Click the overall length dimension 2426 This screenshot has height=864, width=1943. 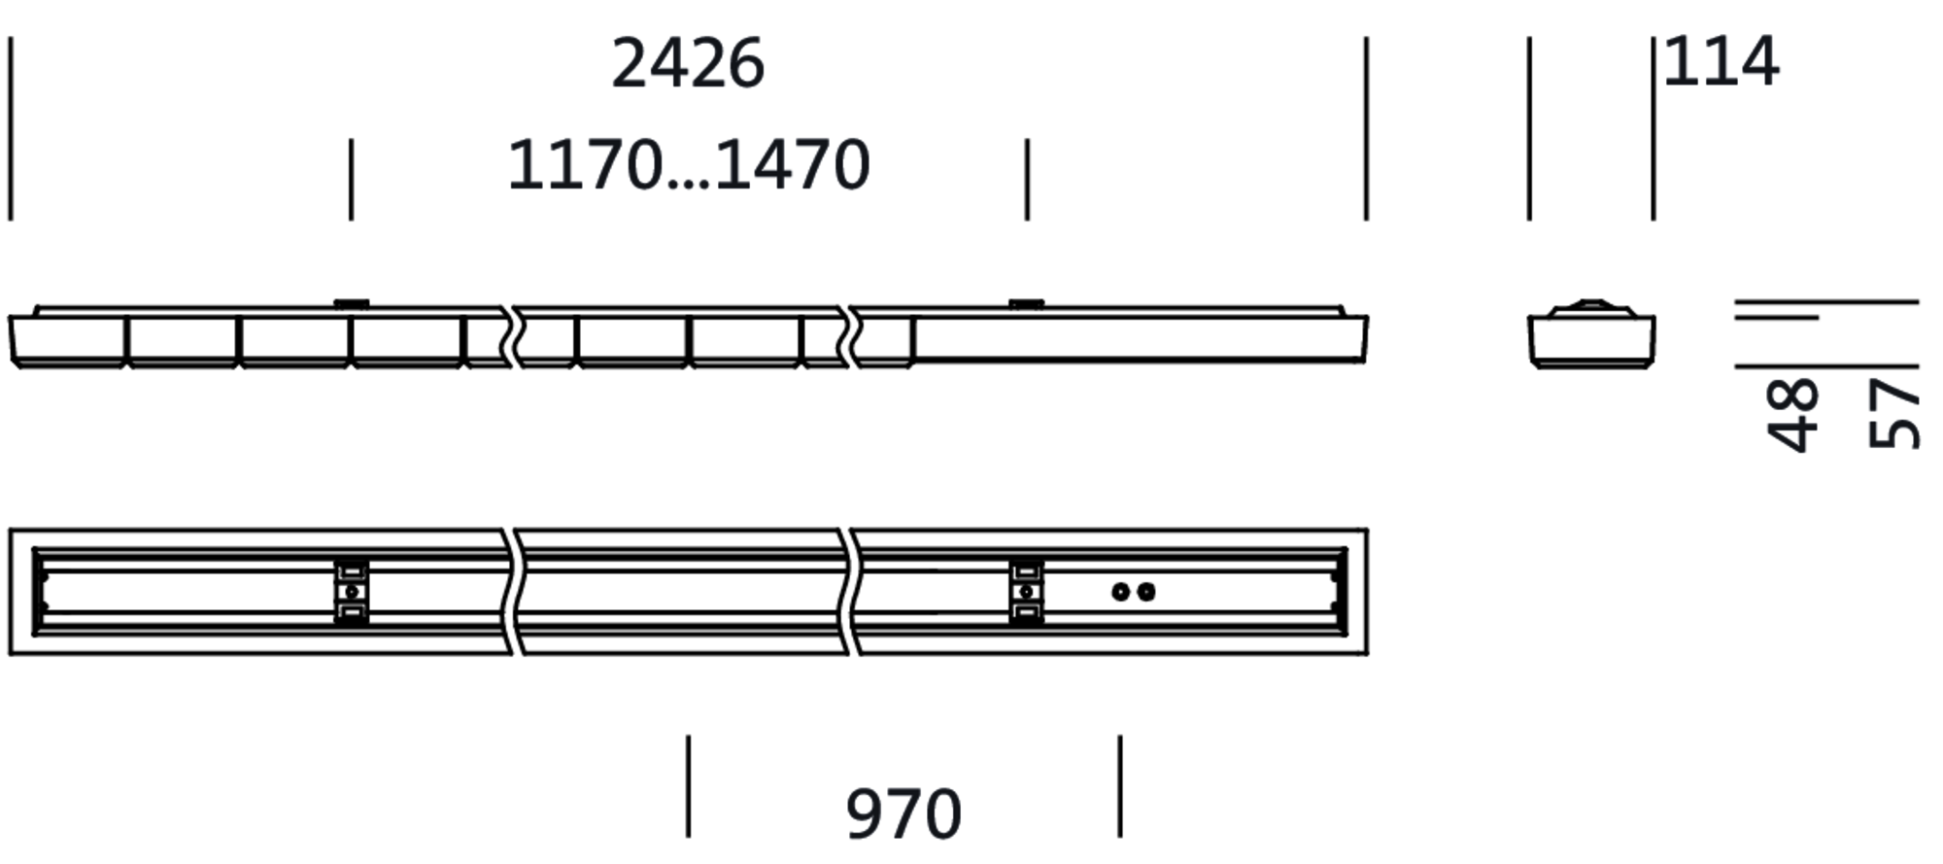pos(688,64)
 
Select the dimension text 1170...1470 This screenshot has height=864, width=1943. pos(689,164)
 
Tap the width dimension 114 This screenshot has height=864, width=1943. pos(1721,61)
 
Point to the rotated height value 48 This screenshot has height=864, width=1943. pos(1792,415)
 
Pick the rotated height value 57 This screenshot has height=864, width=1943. pos(1894,415)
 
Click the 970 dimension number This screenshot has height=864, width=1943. pos(903,814)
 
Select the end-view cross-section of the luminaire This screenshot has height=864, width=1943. pos(1591,334)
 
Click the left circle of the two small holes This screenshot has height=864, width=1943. pos(1120,592)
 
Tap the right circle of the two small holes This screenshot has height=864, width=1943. pos(1146,592)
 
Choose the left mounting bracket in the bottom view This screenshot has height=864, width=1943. pos(352,592)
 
